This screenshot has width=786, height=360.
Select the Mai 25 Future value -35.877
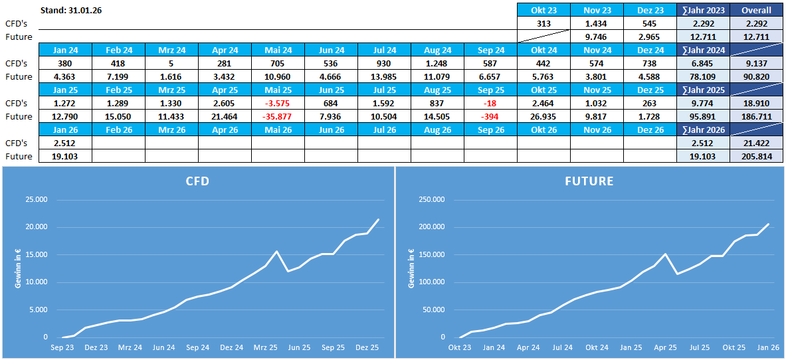coord(278,116)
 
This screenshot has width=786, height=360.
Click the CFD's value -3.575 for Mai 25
coord(278,103)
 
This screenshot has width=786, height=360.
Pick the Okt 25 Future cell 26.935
coord(543,116)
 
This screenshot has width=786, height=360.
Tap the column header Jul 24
coord(384,50)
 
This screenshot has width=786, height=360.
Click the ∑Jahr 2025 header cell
coord(703,90)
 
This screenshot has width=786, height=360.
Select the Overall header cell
coord(756,10)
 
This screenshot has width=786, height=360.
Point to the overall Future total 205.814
coord(756,156)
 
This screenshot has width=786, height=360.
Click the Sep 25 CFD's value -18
coord(490,103)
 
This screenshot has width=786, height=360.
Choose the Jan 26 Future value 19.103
coord(65,156)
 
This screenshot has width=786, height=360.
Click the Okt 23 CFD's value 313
coord(543,23)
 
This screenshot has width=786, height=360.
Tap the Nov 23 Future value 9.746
coord(597,37)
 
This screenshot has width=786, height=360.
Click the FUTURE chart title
coord(589,181)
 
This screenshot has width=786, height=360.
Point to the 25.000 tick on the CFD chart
coord(35,199)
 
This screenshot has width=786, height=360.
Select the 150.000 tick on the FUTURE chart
coord(427,254)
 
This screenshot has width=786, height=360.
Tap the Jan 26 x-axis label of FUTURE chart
coord(767,347)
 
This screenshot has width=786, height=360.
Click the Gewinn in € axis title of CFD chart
coord(18,268)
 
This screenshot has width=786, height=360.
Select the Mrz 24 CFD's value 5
coord(171,63)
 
